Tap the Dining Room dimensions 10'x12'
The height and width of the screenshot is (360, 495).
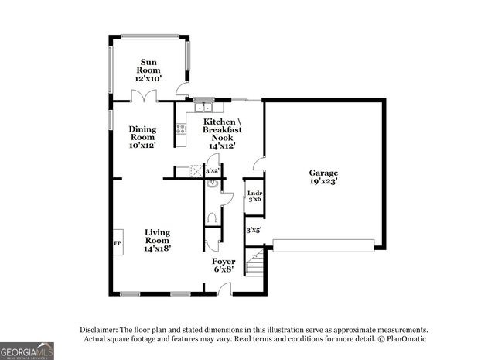point(142,145)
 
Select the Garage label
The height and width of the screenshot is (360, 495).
point(324,173)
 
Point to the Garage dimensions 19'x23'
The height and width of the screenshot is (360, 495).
point(324,181)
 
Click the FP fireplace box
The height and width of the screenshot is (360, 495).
point(118,242)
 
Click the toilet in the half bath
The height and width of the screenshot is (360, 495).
point(213,218)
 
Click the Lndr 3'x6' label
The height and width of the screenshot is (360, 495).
point(254,197)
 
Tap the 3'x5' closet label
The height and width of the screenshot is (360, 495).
point(254,230)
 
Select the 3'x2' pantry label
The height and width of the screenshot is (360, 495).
point(212,170)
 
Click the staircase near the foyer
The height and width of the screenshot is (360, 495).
point(254,266)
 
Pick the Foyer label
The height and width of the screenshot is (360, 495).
point(224,262)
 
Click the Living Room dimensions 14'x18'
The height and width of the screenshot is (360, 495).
point(158,249)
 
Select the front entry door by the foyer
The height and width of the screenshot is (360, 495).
point(224,290)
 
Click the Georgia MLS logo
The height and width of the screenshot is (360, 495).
point(27,350)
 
